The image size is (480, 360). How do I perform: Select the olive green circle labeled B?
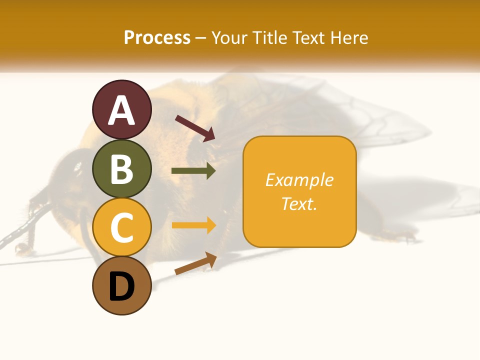click(122, 169)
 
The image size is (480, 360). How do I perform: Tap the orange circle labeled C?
click(122, 227)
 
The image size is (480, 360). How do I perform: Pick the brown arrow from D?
click(195, 263)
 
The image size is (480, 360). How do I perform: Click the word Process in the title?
click(157, 37)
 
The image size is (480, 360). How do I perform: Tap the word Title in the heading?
click(270, 37)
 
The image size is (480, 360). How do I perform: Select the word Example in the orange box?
click(299, 180)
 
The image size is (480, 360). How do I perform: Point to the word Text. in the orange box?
click(299, 203)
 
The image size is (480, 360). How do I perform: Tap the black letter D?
click(122, 287)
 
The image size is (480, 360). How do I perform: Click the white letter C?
click(122, 227)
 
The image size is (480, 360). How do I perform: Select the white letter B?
click(122, 169)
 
